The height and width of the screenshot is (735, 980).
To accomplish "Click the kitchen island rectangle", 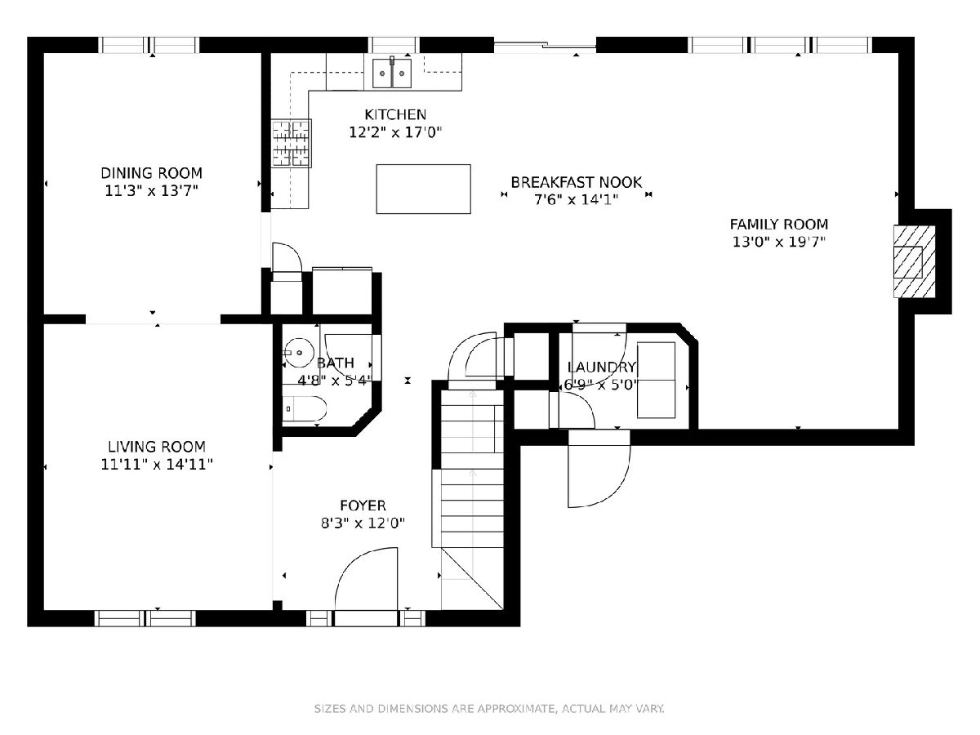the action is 423,189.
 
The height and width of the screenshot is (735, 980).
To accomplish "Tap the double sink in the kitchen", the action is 391,73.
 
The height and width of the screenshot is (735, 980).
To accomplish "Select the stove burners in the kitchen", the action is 291,143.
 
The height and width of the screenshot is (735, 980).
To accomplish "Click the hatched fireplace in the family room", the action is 914,261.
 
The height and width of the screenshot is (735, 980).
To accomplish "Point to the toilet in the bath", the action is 304,408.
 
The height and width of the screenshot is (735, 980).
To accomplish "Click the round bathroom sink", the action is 300,353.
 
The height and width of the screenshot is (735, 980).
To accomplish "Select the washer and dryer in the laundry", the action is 656,381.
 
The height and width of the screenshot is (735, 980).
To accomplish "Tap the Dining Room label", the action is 151,172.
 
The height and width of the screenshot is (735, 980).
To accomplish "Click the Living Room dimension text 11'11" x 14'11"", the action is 157,465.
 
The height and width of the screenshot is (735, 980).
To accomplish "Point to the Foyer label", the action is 363,506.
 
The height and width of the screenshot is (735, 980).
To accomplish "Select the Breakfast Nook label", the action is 576,182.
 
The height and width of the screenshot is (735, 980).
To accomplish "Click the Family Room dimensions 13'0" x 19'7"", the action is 778,242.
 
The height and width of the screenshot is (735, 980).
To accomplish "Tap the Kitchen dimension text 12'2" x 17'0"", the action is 395,132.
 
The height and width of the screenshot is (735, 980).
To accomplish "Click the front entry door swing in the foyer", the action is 366,578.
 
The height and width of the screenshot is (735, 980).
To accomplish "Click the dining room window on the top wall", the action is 149,45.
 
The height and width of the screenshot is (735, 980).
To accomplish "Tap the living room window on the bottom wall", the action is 145,618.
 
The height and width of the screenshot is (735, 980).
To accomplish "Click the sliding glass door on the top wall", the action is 545,45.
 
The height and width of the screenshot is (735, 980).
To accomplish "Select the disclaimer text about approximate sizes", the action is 489,709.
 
